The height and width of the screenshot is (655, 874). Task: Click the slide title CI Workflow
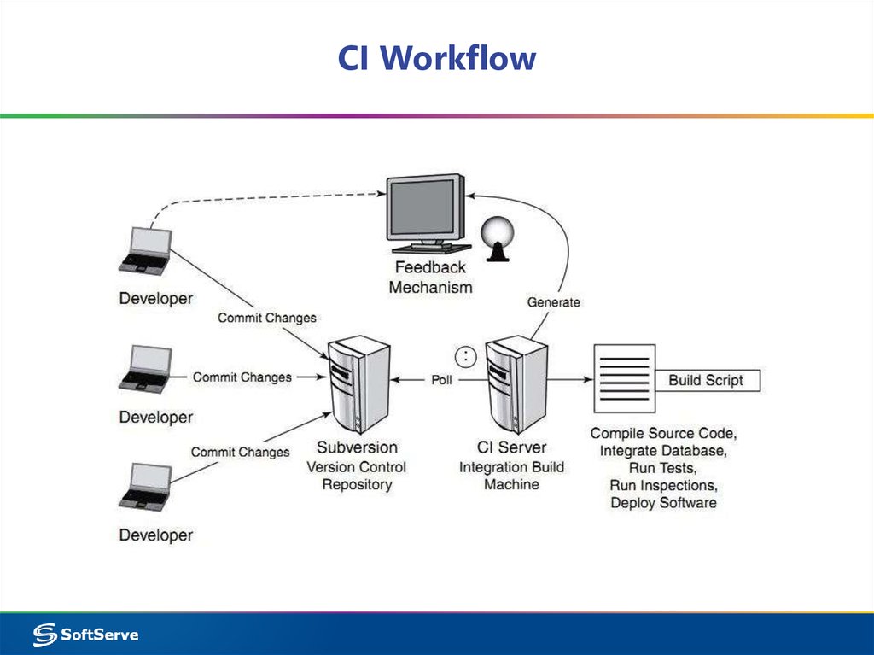(436, 58)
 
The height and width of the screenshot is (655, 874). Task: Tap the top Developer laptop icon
(147, 250)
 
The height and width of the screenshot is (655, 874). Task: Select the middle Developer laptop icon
(147, 369)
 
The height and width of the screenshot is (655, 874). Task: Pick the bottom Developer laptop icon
(147, 487)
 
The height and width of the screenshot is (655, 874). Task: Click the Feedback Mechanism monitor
(425, 212)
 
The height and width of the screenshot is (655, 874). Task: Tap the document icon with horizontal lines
(624, 379)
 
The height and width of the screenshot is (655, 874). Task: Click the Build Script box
(706, 380)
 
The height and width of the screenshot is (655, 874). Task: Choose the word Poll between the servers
(441, 380)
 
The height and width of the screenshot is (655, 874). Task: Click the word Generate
(553, 302)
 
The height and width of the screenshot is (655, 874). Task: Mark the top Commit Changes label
(267, 318)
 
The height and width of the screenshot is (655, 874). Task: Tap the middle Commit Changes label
(242, 377)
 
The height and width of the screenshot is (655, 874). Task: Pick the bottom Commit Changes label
(240, 452)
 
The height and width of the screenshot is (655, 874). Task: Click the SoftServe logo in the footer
(85, 634)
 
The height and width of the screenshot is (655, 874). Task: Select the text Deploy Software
(663, 502)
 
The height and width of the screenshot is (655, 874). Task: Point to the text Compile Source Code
(663, 433)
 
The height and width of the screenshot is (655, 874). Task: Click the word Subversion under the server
(357, 447)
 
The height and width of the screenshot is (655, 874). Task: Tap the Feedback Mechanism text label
(430, 278)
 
